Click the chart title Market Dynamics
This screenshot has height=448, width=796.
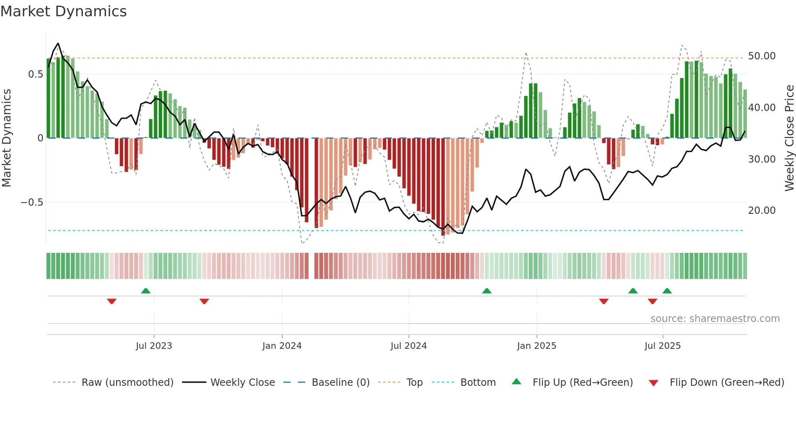pos(63,11)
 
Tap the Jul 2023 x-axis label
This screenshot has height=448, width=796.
pos(154,346)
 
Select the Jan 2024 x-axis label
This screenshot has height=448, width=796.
pos(282,346)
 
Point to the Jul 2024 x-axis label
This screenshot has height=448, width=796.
pos(409,346)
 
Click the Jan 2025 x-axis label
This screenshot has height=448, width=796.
pos(536,346)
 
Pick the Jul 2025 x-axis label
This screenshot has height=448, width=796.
pos(662,346)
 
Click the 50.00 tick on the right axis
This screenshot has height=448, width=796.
pos(761,56)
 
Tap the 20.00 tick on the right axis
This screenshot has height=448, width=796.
pos(761,211)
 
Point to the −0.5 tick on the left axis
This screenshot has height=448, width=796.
pos(32,202)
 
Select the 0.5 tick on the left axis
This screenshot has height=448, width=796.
pos(35,74)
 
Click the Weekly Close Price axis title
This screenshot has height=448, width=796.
pos(789,138)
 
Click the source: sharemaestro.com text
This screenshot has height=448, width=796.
pos(715,319)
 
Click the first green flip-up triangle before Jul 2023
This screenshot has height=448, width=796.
pos(146,291)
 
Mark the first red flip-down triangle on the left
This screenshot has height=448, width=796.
pos(112,301)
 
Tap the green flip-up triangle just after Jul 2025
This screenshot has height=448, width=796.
pos(667,291)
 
